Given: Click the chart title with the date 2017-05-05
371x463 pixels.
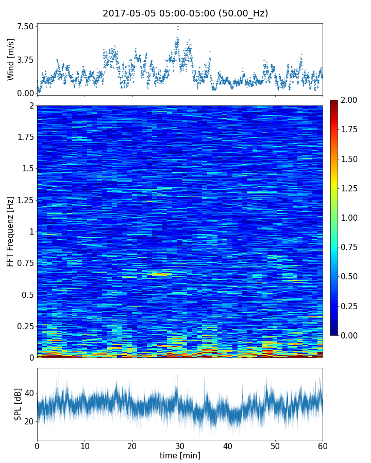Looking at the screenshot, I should point(185,13).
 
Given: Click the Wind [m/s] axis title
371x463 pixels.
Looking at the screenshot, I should point(11,59).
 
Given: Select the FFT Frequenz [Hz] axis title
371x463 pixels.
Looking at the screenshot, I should point(11,231).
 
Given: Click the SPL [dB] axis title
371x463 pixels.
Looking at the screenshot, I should point(18,404).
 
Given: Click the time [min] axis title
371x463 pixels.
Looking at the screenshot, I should point(180,455).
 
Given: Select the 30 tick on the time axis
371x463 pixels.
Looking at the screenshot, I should point(180,444).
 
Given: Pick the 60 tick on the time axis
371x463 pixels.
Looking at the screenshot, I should point(323,444).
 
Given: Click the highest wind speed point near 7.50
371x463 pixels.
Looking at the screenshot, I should point(178,27).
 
